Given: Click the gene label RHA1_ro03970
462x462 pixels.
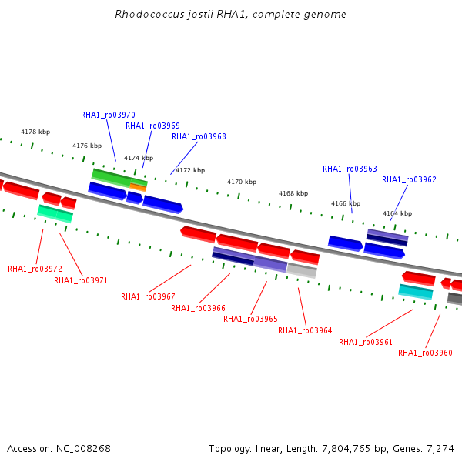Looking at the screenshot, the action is click(108, 115).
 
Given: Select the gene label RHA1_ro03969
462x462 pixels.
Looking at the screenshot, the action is click(152, 126).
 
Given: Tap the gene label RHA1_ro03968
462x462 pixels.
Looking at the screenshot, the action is click(199, 137).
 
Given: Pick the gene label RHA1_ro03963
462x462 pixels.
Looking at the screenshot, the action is click(350, 169).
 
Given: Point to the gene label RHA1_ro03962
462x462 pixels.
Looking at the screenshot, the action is click(409, 179).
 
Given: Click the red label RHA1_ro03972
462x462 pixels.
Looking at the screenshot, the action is click(35, 269).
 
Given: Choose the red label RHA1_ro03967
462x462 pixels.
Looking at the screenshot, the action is click(148, 296).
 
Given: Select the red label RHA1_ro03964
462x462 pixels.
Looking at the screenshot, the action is click(305, 330).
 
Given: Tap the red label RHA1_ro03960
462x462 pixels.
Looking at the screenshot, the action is click(425, 353).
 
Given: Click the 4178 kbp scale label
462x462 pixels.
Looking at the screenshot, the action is click(35, 132).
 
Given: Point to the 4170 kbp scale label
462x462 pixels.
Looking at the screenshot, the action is click(242, 182).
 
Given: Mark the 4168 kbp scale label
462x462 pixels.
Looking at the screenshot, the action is click(293, 193).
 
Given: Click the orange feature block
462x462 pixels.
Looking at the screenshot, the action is click(138, 187).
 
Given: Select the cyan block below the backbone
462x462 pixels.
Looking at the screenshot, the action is click(416, 291).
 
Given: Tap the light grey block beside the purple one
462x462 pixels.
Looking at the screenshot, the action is click(302, 270).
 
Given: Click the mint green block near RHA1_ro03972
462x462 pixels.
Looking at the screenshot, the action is click(55, 213).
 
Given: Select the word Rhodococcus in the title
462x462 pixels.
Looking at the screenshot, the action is click(149, 14).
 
